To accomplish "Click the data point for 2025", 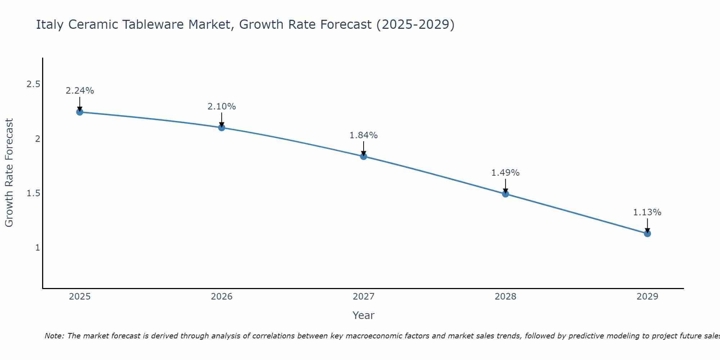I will [x=80, y=112].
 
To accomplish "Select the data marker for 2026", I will [x=222, y=127].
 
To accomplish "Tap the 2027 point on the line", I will [x=364, y=156].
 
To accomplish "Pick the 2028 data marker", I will [x=505, y=194].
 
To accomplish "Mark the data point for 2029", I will [x=647, y=234].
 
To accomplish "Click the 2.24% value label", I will [x=80, y=91].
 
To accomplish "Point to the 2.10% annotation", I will [x=222, y=107].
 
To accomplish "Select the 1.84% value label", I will [x=364, y=135].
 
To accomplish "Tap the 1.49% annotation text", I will [x=505, y=173].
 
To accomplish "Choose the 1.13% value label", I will [x=647, y=212].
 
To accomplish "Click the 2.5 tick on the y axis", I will [x=33, y=84].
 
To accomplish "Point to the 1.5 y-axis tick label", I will [x=33, y=193].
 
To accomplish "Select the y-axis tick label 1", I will [x=37, y=248].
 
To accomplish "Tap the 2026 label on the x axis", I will [x=222, y=297].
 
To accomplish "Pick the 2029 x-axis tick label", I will [x=647, y=297].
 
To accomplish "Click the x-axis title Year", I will [x=364, y=315].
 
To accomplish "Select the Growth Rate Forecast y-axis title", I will [x=9, y=173].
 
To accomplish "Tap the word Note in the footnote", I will [x=54, y=336].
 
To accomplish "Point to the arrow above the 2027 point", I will [x=364, y=148].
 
